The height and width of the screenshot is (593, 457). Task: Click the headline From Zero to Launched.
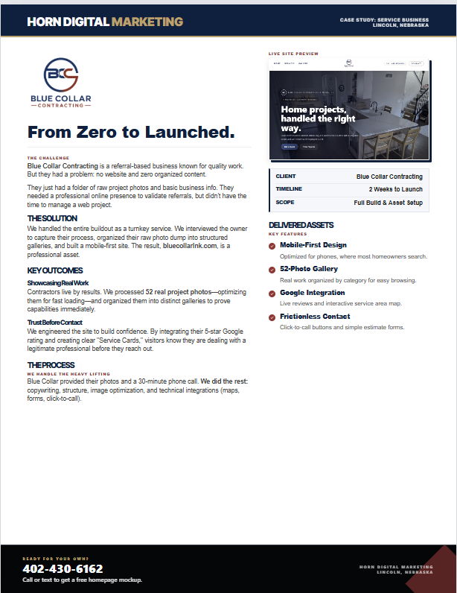[131, 133]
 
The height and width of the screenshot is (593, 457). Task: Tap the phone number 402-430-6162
[63, 568]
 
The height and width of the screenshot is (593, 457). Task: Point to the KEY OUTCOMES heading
[55, 270]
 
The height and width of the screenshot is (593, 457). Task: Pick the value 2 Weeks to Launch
[395, 189]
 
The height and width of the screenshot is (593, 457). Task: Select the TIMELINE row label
[289, 189]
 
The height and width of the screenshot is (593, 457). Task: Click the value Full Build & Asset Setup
[388, 203]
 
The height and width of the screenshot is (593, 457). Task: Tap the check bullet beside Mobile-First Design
[272, 245]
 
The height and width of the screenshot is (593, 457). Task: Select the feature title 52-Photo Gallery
[308, 269]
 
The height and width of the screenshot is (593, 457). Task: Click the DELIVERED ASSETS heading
[301, 225]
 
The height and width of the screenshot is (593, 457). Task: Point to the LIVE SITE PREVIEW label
[293, 54]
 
